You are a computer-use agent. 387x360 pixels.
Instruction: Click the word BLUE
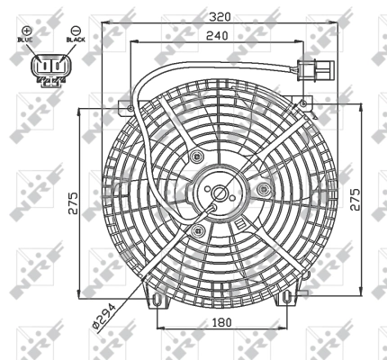[x=26, y=41]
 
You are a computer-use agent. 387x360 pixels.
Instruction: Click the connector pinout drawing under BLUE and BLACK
[x=49, y=67]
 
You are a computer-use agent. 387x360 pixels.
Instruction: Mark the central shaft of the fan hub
[x=220, y=193]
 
